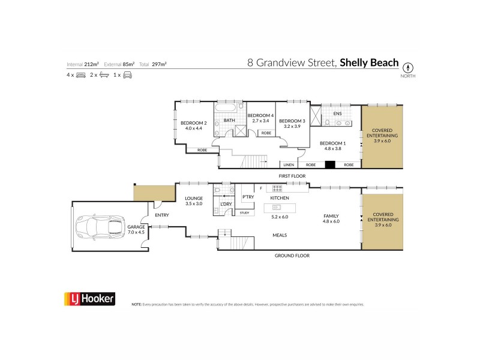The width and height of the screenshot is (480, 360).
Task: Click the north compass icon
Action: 409,67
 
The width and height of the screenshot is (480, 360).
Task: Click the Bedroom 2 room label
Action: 194,122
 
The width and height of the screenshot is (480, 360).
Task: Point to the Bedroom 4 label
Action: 261,115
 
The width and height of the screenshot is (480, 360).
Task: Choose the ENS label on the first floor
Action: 328,112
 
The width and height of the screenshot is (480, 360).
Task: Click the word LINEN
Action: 289,164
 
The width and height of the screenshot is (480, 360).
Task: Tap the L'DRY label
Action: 226,204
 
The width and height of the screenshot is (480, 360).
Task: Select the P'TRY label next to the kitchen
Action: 248,197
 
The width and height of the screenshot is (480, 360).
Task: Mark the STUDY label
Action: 244,212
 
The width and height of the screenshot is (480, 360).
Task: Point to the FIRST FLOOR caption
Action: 292,176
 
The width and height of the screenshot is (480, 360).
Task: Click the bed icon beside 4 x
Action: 81,75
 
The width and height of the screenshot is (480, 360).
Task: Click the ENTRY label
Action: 162,215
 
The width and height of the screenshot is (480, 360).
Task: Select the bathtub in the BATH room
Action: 229,109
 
